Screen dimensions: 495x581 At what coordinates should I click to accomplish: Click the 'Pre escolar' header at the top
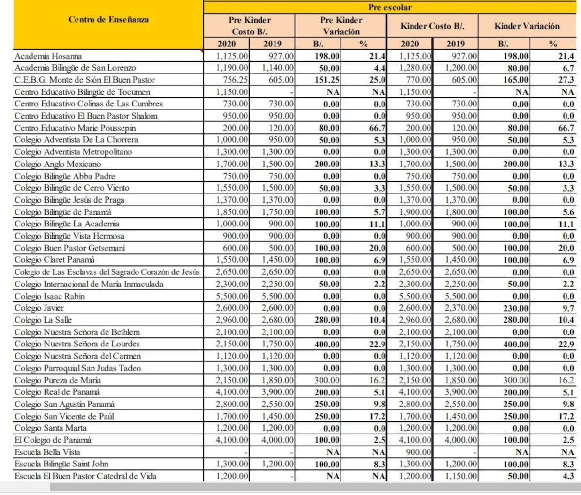pyautogui.click(x=390, y=7)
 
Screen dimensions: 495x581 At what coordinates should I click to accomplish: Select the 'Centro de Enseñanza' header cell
pyautogui.click(x=108, y=20)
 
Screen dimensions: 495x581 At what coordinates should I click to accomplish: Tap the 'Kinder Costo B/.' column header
pyautogui.click(x=432, y=26)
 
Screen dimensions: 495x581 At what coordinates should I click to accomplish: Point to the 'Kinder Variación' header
pyautogui.click(x=527, y=26)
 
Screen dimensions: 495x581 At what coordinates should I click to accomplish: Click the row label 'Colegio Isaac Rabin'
pyautogui.click(x=49, y=296)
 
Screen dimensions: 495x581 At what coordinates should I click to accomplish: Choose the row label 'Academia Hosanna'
pyautogui.click(x=48, y=56)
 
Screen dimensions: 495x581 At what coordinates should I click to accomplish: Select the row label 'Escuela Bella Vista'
pyautogui.click(x=47, y=452)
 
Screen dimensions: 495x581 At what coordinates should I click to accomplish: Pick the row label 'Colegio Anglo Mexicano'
pyautogui.click(x=58, y=164)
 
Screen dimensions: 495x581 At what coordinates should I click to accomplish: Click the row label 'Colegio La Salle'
pyautogui.click(x=43, y=320)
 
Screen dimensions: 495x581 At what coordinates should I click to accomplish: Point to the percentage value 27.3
pyautogui.click(x=566, y=80)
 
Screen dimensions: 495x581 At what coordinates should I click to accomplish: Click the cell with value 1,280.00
pyautogui.click(x=415, y=68)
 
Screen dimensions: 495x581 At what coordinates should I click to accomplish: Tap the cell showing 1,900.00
pyautogui.click(x=415, y=212)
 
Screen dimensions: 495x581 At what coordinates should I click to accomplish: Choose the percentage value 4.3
pyautogui.click(x=568, y=476)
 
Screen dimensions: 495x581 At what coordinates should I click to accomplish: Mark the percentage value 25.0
pyautogui.click(x=378, y=80)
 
